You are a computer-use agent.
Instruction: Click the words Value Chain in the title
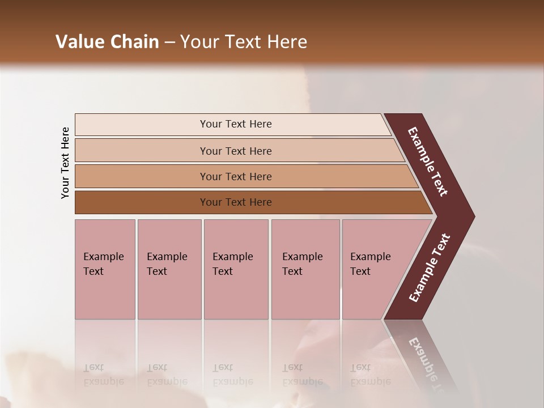click(107, 42)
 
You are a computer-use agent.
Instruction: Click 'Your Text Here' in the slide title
click(244, 42)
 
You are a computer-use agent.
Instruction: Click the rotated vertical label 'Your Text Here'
click(65, 163)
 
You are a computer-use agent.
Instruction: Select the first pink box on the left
click(105, 269)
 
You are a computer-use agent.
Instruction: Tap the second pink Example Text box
click(169, 269)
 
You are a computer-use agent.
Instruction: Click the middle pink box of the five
click(236, 269)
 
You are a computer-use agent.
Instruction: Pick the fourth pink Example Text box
click(305, 269)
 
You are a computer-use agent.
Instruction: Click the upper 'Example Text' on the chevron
click(428, 161)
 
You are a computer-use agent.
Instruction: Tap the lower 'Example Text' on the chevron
click(430, 268)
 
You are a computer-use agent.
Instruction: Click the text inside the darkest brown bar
click(236, 202)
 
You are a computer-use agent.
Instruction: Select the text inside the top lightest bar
click(236, 124)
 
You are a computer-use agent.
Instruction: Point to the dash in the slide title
click(169, 42)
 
